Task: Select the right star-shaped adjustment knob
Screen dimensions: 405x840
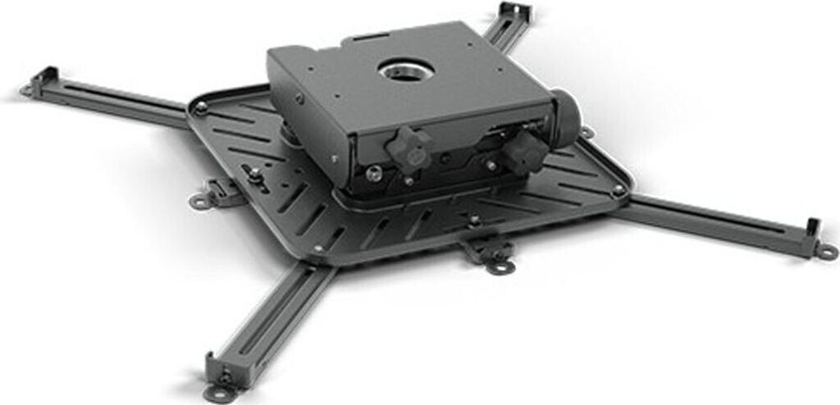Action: [524, 150]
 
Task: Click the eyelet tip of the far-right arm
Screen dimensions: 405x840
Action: [825, 253]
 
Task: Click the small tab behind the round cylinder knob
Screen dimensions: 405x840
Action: [587, 132]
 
